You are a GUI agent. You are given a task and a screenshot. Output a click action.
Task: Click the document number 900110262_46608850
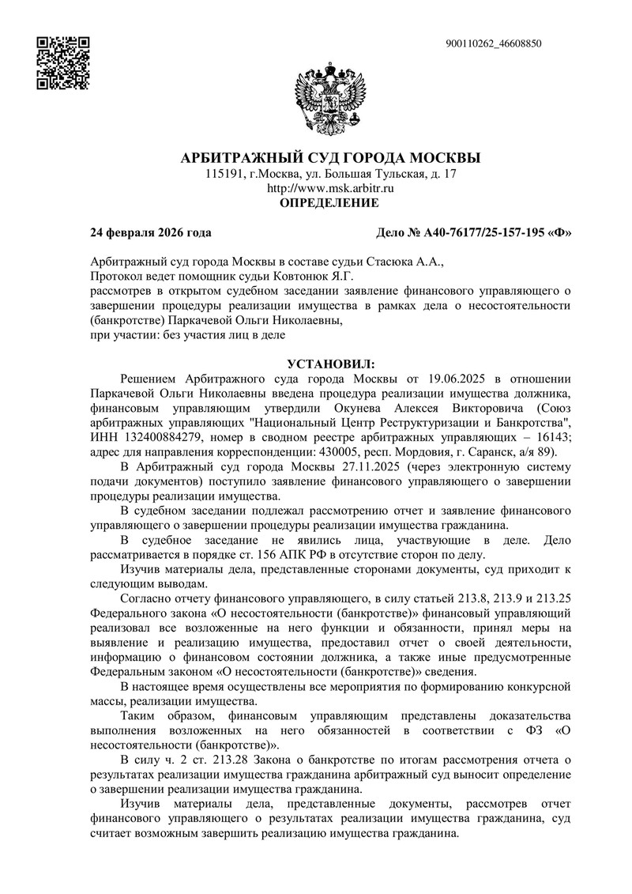pos(494,43)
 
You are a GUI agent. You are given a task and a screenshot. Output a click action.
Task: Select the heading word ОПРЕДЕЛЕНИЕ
pos(330,203)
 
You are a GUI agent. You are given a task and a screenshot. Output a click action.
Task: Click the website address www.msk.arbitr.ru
pos(330,188)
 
